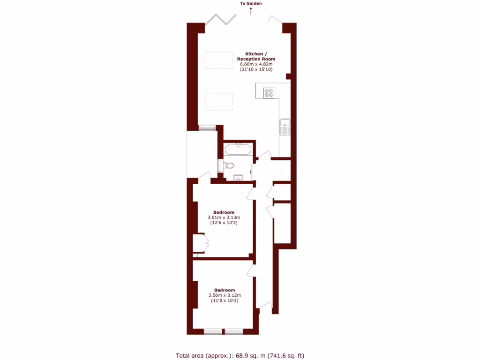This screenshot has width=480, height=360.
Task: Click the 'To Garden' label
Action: coord(251,4)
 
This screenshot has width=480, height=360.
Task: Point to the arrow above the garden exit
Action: coord(251,10)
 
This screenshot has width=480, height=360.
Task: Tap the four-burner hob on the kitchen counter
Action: coord(269,93)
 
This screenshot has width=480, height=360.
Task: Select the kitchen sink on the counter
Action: coord(285,127)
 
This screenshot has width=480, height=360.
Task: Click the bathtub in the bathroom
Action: coord(239,150)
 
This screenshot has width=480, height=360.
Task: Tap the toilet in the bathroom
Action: coord(229,165)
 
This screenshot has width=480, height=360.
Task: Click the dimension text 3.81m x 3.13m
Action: coord(224,217)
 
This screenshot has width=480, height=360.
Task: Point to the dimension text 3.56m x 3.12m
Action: coord(225,295)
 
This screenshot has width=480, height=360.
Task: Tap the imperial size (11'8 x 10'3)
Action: coord(225,301)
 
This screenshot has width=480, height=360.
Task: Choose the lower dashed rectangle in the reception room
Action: coord(219,101)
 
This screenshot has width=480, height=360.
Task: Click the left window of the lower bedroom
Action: coord(213,332)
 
